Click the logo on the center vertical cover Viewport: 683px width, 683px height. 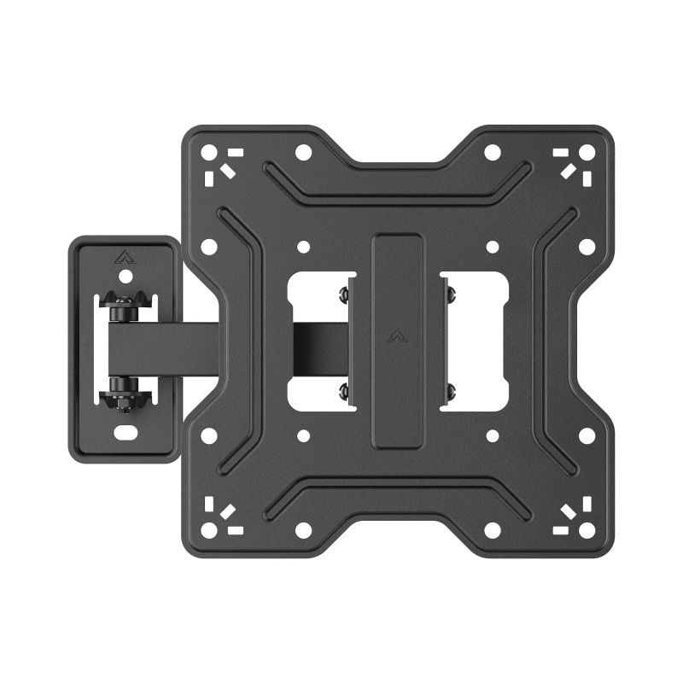[x=397, y=336]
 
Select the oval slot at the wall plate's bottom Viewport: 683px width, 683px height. [x=126, y=433]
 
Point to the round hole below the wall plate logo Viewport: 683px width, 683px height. [x=126, y=277]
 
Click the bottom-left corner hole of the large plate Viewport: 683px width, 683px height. [x=208, y=530]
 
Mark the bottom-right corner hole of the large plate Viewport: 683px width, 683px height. [x=587, y=530]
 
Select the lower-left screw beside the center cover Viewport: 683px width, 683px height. [x=344, y=390]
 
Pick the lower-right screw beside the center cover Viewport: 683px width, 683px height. [x=451, y=390]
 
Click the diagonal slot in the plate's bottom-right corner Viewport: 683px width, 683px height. [x=568, y=511]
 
